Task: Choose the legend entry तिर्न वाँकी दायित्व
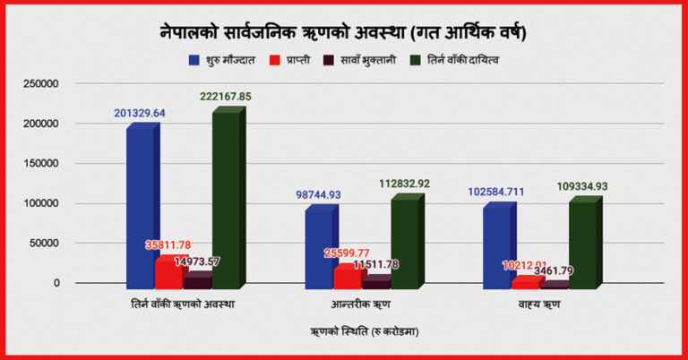[452, 59]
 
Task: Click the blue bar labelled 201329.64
[141, 206]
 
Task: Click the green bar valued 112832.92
[404, 242]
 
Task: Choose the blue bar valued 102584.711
[496, 246]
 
